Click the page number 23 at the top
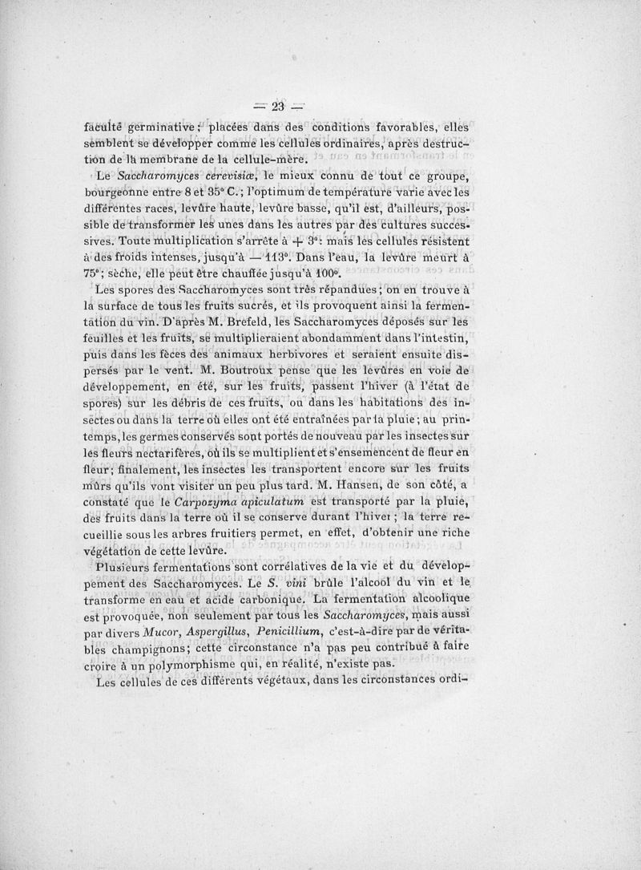point(278,107)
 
